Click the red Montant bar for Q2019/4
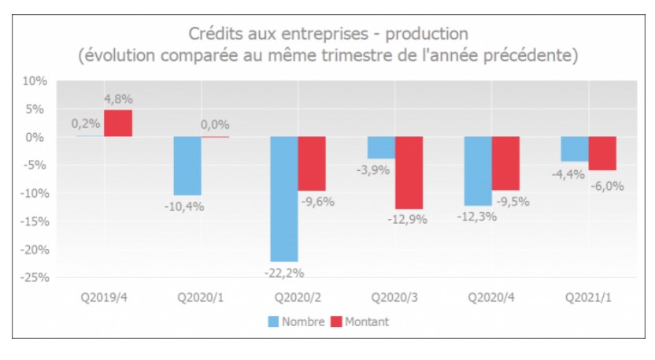coord(118,124)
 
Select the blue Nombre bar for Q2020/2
coord(284,199)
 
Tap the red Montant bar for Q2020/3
coord(409,173)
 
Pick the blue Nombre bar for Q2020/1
coord(187,165)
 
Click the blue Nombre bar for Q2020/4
coord(478,171)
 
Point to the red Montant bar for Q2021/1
coord(602,154)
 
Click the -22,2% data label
coord(284,273)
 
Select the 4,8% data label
coord(118,99)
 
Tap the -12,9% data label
coord(409,220)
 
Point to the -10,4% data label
coord(187,206)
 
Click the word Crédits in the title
coord(214,34)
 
